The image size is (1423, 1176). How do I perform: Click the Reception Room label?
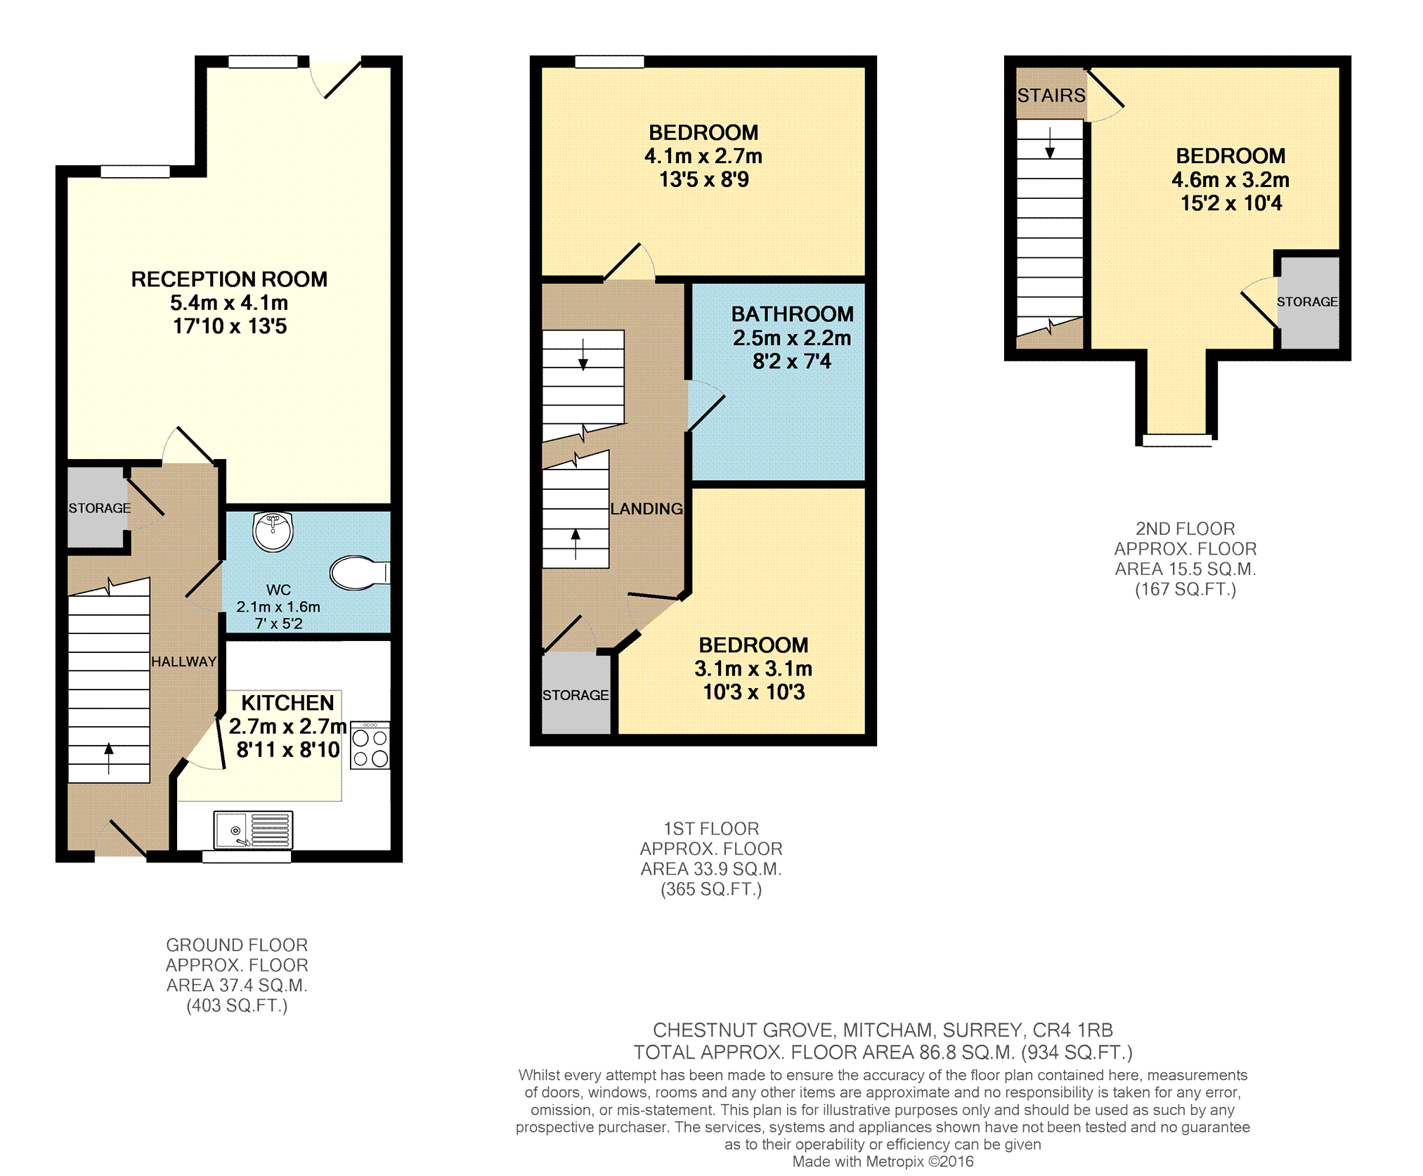pos(229,279)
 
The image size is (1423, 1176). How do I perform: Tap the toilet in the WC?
pos(359,573)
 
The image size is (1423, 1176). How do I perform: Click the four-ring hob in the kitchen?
pos(370,745)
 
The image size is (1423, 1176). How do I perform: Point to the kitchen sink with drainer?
pos(253,830)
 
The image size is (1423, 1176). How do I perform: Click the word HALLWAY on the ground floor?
pos(183,661)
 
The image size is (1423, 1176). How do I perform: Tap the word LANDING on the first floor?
pos(646,508)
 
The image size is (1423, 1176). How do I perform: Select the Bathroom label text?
pos(792,314)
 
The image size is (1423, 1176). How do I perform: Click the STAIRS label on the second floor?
pos(1051,95)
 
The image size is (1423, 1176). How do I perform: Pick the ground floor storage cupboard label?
pos(99,508)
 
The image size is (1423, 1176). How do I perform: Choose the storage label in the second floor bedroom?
pos(1307,302)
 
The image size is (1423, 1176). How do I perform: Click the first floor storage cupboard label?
pos(576,695)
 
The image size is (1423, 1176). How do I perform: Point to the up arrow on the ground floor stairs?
pos(109,758)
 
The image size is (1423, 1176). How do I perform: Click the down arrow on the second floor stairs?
pos(1050,143)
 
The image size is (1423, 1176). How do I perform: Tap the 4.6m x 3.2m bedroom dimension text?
pos(1230,180)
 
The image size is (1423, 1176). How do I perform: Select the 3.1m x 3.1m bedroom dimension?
pos(753,668)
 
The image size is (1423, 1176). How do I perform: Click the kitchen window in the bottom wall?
pos(247,856)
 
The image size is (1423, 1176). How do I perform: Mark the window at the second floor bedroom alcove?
pos(1177,441)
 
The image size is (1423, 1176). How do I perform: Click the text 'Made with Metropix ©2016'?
pos(883,1161)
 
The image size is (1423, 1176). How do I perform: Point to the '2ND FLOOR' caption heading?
pos(1185,529)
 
